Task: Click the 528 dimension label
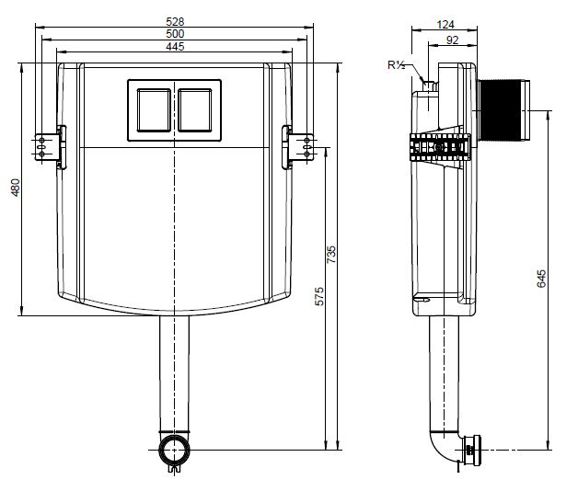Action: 175,21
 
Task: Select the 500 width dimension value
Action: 175,34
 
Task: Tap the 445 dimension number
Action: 175,47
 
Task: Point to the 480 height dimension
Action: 15,188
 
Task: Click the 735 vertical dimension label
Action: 331,254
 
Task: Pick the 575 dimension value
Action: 319,296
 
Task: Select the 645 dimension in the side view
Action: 541,279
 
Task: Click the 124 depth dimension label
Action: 445,25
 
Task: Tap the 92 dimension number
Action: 452,40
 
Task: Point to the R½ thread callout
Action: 397,65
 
